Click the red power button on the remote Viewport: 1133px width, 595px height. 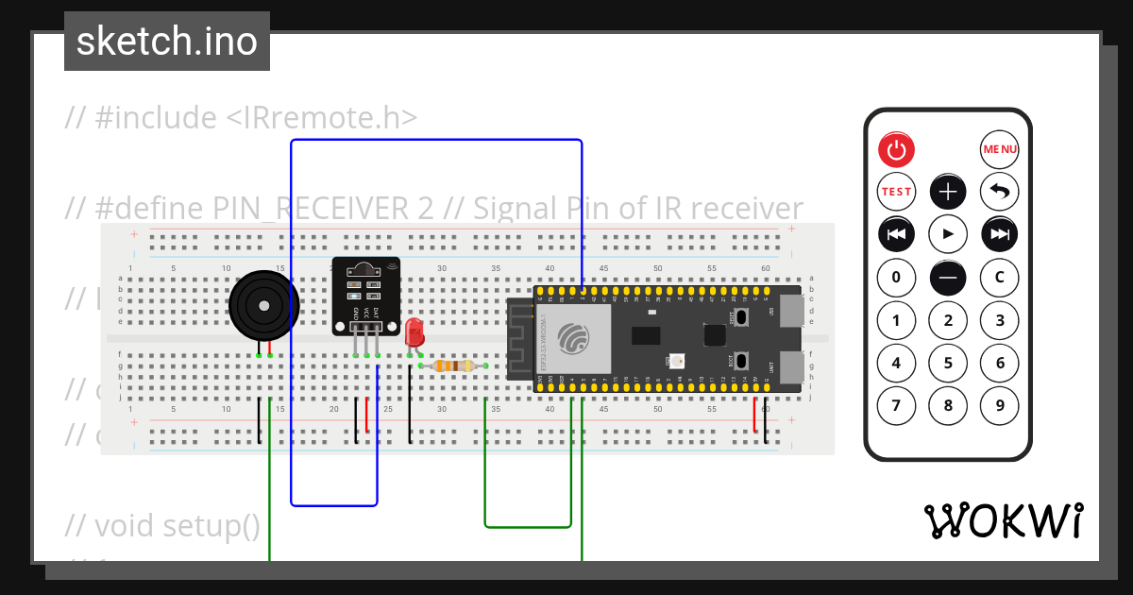(896, 149)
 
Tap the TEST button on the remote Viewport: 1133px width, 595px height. (896, 191)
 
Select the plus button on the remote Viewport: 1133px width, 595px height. (948, 191)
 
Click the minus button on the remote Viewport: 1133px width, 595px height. (948, 277)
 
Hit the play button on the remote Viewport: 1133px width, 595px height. (948, 233)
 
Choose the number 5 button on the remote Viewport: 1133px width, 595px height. (948, 363)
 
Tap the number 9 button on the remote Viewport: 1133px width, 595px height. (1000, 406)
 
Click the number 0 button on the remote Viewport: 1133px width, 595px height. (896, 277)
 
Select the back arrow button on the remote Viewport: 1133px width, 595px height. (1000, 191)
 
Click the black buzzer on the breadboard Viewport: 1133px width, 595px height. (263, 305)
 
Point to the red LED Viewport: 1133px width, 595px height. (414, 332)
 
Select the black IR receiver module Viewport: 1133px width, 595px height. (365, 294)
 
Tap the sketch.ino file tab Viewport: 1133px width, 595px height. (167, 42)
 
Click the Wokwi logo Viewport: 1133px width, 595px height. (1004, 520)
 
